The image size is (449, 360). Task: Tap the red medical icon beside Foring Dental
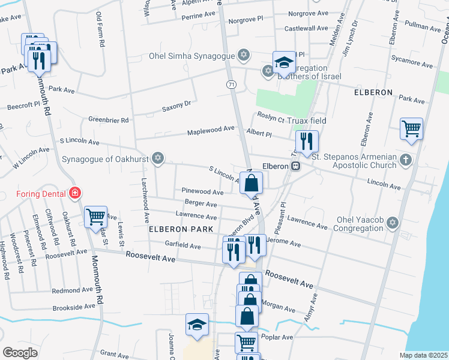pyautogui.click(x=75, y=193)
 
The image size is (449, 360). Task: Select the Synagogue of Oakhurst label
pyautogui.click(x=105, y=159)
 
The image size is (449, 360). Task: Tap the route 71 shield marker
pyautogui.click(x=231, y=85)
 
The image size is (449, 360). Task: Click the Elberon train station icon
pyautogui.click(x=295, y=166)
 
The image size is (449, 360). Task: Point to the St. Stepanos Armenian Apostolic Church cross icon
pyautogui.click(x=406, y=160)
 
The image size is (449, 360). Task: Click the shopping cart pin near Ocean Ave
pyautogui.click(x=411, y=128)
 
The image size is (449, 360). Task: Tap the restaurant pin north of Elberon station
pyautogui.click(x=306, y=141)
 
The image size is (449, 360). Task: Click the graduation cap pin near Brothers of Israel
pyautogui.click(x=284, y=61)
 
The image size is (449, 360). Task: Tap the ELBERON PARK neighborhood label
pyautogui.click(x=181, y=230)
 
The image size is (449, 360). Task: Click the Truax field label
pyautogui.click(x=306, y=121)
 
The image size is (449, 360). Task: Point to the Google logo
pyautogui.click(x=20, y=352)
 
